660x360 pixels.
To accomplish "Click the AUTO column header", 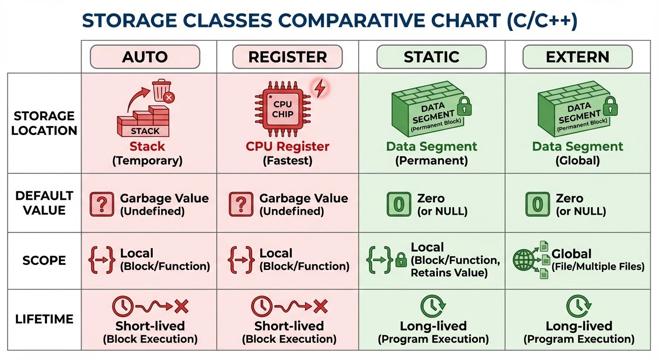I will (145, 57).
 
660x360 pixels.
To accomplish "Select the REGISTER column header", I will (287, 57).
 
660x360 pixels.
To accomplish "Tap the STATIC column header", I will (431, 57).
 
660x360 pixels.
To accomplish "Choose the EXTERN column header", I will (577, 57).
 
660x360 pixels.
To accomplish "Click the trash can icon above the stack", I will (162, 91).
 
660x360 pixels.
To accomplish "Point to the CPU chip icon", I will (283, 109).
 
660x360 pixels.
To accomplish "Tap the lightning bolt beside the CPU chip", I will (320, 88).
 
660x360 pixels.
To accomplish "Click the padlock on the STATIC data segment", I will (464, 106).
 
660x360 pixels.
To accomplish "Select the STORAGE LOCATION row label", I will (44, 123).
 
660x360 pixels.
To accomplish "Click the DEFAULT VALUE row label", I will (44, 203).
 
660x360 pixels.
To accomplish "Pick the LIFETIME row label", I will (44, 319).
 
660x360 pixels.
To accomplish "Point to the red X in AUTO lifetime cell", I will (181, 307).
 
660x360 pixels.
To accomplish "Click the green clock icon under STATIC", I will (430, 307).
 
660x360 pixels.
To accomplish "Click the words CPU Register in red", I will (287, 147).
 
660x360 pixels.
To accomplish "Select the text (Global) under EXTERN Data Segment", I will (577, 161).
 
